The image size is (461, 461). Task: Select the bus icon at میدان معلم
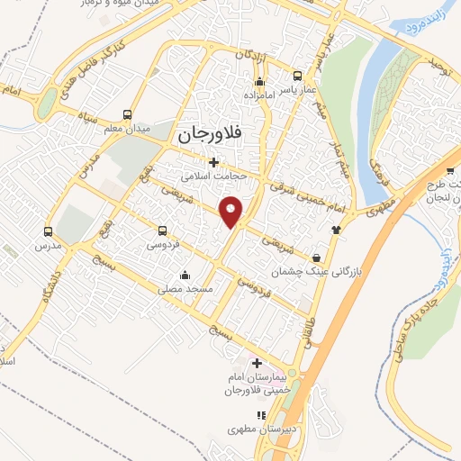tap(127, 114)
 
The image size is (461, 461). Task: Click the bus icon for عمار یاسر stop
tap(295, 78)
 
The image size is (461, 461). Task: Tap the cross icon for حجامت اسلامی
tap(213, 163)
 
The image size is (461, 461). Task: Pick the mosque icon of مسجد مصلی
tap(185, 275)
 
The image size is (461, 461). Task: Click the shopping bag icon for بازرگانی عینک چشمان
tap(316, 257)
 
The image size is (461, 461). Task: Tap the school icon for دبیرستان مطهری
tap(260, 415)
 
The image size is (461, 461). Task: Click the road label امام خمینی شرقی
tap(307, 197)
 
